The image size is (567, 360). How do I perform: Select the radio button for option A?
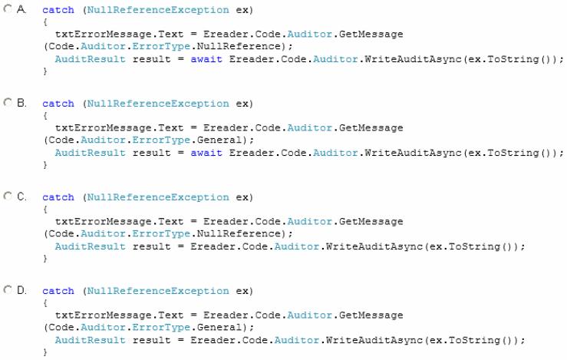pyautogui.click(x=8, y=8)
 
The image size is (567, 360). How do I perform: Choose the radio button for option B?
pyautogui.click(x=8, y=102)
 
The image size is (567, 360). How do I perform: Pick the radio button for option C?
pyautogui.click(x=8, y=196)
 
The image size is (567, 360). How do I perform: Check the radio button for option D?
pyautogui.click(x=8, y=289)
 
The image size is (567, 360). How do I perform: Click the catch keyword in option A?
pyautogui.click(x=58, y=10)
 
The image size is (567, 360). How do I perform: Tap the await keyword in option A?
pyautogui.click(x=206, y=59)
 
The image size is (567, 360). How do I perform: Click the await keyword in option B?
pyautogui.click(x=206, y=153)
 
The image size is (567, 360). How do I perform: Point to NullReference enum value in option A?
pyautogui.click(x=239, y=46)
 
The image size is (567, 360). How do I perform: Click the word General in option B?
pyautogui.click(x=219, y=140)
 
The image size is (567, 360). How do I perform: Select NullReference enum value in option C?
pyautogui.click(x=239, y=233)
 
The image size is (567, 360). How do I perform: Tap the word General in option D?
pyautogui.click(x=219, y=328)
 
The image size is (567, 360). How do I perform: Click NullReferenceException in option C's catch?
pyautogui.click(x=158, y=197)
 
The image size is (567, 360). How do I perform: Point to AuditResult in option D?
pyautogui.click(x=90, y=340)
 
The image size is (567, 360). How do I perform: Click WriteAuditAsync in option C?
pyautogui.click(x=374, y=246)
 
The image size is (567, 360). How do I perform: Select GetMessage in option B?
pyautogui.click(x=371, y=127)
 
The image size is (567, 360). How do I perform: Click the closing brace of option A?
pyautogui.click(x=45, y=71)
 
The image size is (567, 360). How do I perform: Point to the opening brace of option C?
pyautogui.click(x=45, y=210)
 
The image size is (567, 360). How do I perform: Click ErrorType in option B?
pyautogui.click(x=161, y=140)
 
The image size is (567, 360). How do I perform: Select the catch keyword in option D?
pyautogui.click(x=58, y=291)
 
